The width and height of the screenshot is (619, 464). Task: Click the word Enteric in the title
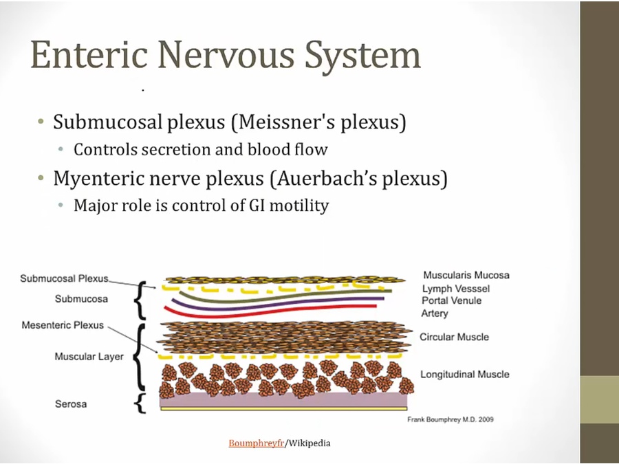click(89, 54)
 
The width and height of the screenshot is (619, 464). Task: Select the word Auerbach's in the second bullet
click(327, 178)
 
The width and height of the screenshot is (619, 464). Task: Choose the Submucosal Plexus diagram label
click(64, 278)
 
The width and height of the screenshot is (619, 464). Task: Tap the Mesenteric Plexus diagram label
click(63, 325)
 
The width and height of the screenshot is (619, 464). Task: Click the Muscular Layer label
click(89, 357)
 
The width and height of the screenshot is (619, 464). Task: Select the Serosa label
click(71, 404)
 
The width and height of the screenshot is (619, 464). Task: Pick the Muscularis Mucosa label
click(466, 275)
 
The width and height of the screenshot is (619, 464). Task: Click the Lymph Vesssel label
click(456, 289)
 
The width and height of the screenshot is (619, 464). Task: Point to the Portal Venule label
click(452, 300)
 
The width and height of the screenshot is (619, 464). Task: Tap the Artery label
click(435, 313)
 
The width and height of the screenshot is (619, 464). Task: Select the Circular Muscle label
click(454, 337)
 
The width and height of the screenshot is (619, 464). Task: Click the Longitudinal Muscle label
click(465, 374)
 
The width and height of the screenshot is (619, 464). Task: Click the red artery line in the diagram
click(268, 312)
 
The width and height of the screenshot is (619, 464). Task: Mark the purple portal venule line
click(276, 305)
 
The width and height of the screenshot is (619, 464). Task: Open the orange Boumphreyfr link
click(257, 443)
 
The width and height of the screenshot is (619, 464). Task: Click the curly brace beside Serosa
click(140, 404)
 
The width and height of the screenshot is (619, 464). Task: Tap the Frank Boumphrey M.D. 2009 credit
click(450, 419)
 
